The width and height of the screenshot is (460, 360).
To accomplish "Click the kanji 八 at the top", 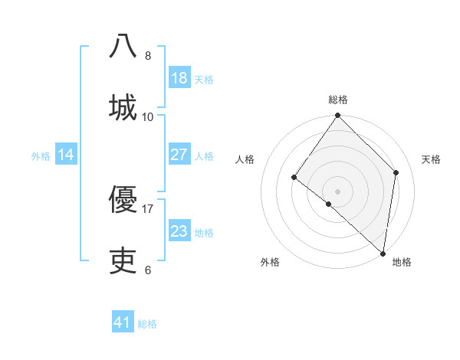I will pyautogui.click(x=123, y=46).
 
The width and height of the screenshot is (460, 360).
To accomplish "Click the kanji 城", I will pyautogui.click(x=123, y=106).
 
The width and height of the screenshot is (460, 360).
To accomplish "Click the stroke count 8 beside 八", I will pyautogui.click(x=148, y=56).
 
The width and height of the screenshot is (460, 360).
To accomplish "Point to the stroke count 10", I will pyautogui.click(x=148, y=116).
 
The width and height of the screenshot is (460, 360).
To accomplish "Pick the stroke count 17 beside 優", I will pyautogui.click(x=148, y=208).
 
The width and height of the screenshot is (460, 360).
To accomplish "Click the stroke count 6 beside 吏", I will pyautogui.click(x=148, y=270).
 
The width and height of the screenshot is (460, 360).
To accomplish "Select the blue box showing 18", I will pyautogui.click(x=179, y=78).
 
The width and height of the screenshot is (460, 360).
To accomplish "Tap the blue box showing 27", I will pyautogui.click(x=179, y=155).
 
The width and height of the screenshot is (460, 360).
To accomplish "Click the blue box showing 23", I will pyautogui.click(x=179, y=231).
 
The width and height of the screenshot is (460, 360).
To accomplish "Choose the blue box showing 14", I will pyautogui.click(x=66, y=155).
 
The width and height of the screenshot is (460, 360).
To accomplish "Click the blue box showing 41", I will pyautogui.click(x=123, y=322).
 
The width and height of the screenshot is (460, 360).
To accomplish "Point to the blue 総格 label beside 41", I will pyautogui.click(x=147, y=324).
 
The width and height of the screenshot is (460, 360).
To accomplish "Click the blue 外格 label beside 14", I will pyautogui.click(x=41, y=156).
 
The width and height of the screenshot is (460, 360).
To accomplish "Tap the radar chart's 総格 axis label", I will pyautogui.click(x=338, y=100).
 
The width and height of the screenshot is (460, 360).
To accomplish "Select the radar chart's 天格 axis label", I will pyautogui.click(x=432, y=159).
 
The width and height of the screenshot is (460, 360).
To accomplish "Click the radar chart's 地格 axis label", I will pyautogui.click(x=402, y=263).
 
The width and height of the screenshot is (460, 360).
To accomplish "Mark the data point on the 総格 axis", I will pyautogui.click(x=338, y=116).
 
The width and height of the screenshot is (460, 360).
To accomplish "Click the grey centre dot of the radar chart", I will pyautogui.click(x=338, y=191).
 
